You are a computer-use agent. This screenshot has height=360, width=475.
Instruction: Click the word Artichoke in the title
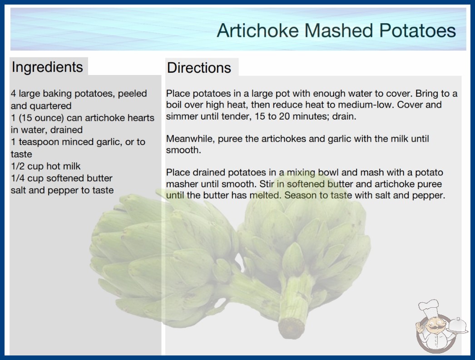[258, 30]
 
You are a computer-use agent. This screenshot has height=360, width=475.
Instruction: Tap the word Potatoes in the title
[417, 30]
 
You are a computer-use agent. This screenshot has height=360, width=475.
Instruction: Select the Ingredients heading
[47, 67]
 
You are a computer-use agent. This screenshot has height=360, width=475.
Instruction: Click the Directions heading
[199, 68]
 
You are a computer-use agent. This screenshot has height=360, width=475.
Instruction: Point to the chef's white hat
[428, 307]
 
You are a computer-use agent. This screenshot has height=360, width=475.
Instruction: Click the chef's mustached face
[434, 325]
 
